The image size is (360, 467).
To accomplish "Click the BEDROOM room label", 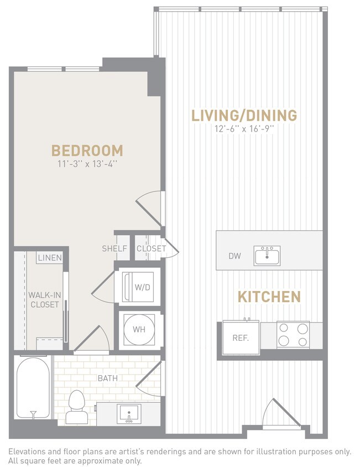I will pyautogui.click(x=87, y=150).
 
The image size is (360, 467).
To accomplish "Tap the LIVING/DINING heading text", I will pyautogui.click(x=244, y=116).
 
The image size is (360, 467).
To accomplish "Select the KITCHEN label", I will pyautogui.click(x=269, y=297).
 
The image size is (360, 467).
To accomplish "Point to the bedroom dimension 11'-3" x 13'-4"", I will pyautogui.click(x=87, y=164).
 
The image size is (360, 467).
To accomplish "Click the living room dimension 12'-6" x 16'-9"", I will pyautogui.click(x=244, y=129).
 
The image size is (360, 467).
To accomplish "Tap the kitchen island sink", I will pyautogui.click(x=267, y=256).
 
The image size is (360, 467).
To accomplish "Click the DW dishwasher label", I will pyautogui.click(x=234, y=256).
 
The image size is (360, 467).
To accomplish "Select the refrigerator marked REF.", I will pyautogui.click(x=241, y=337).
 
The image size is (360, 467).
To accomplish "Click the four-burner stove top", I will pyautogui.click(x=293, y=335).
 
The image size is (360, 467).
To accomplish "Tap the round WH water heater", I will pyautogui.click(x=138, y=329).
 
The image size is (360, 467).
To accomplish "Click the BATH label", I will pyautogui.click(x=107, y=378).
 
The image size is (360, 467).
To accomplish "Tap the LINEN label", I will pyautogui.click(x=50, y=258).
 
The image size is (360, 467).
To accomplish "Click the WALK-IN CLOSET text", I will pyautogui.click(x=45, y=299).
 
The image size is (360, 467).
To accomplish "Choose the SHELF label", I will pyautogui.click(x=114, y=248).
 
